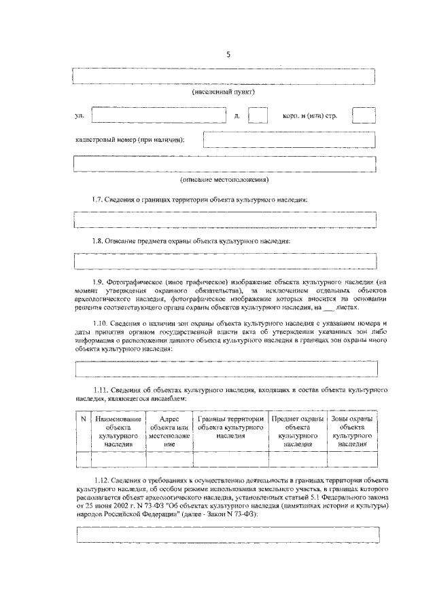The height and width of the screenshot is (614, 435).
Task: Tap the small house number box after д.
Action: (x=258, y=115)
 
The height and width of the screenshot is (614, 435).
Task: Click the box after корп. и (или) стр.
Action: (x=364, y=115)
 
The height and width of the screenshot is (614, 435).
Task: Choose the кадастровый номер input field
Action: (x=290, y=140)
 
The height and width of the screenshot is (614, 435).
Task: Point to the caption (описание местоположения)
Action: (x=224, y=180)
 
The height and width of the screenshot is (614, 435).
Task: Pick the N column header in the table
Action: (x=83, y=419)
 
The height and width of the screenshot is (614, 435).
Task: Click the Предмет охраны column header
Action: (x=298, y=431)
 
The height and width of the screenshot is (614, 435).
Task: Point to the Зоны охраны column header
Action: (x=351, y=431)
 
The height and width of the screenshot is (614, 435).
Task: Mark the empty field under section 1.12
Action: (x=228, y=535)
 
